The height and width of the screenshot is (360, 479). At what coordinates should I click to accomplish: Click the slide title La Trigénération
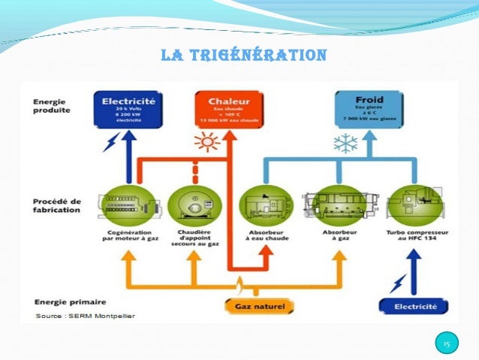point(244,56)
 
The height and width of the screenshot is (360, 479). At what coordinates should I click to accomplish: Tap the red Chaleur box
point(225,109)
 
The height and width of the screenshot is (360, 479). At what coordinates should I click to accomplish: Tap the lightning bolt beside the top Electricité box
point(110,142)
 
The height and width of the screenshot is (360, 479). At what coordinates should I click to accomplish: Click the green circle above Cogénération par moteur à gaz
point(130,204)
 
